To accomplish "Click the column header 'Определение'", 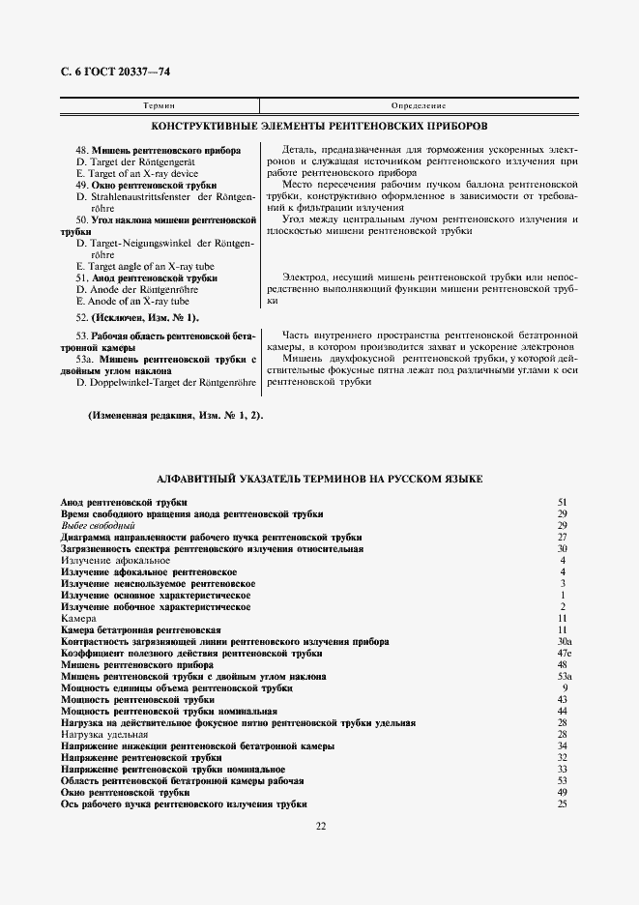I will click(x=418, y=104).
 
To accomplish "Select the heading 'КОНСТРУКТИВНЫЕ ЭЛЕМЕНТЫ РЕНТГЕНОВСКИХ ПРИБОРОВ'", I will click(x=320, y=127).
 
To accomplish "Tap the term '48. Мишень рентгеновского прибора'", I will click(x=145, y=151).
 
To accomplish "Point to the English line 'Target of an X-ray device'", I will click(x=136, y=173).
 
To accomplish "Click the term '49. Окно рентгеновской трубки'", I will click(x=146, y=185).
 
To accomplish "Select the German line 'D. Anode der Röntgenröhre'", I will click(x=142, y=289).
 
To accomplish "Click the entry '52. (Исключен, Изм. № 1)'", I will click(x=138, y=317).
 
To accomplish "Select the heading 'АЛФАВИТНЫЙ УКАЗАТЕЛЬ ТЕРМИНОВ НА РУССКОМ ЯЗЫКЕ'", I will click(x=320, y=480).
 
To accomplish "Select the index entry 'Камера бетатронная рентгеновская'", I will click(x=134, y=630).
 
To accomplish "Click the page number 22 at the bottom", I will click(x=320, y=825).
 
